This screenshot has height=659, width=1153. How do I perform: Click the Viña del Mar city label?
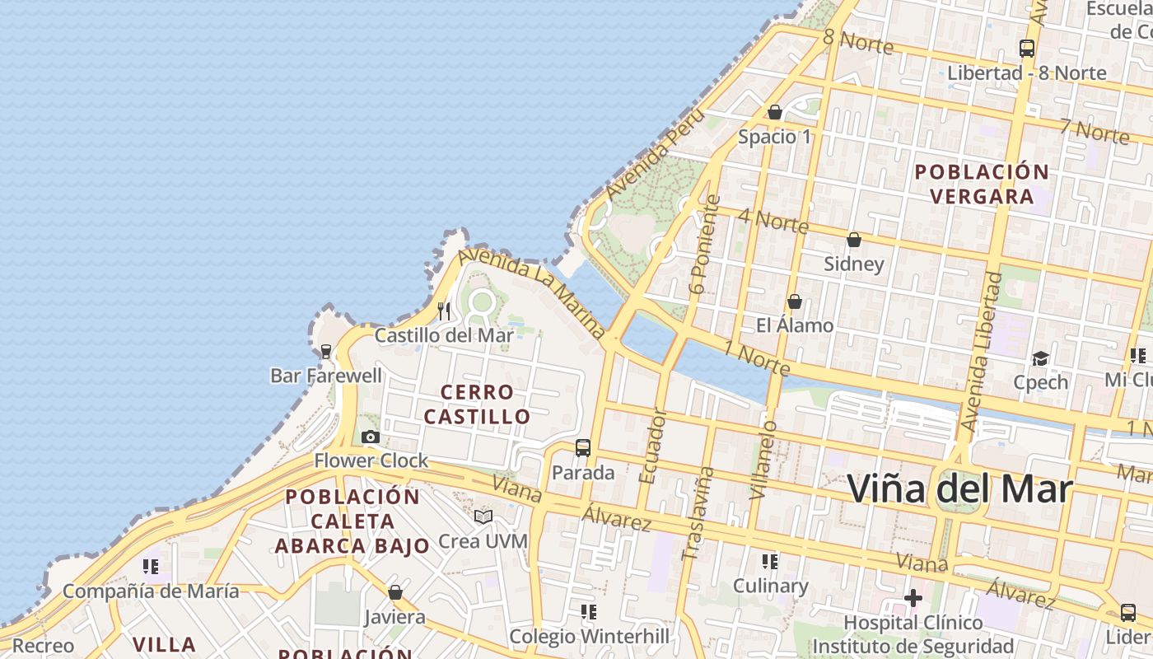point(959,489)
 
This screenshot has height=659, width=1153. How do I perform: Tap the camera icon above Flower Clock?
point(371,437)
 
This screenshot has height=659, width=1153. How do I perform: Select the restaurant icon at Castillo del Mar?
point(445,311)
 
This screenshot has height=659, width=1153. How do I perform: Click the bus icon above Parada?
point(583,448)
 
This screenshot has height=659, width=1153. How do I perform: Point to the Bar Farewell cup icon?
point(326,352)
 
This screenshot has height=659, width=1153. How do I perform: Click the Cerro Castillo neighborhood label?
point(477,404)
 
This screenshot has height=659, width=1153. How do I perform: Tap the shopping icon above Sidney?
point(854,240)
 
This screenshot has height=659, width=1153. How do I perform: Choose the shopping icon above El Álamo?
point(795,301)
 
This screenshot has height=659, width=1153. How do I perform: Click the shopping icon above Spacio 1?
point(775,112)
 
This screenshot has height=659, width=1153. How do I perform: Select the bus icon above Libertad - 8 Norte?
point(1027,48)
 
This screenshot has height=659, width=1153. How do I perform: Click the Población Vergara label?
point(982,184)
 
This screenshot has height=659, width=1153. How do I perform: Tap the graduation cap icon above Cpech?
point(1041,358)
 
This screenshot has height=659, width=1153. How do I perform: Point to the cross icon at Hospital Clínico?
point(913,597)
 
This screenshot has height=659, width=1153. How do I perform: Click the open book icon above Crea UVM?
point(483,516)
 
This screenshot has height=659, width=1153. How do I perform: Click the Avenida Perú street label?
point(656,154)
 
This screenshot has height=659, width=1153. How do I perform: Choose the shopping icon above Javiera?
point(395,592)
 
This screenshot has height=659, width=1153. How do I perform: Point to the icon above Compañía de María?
point(151,566)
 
